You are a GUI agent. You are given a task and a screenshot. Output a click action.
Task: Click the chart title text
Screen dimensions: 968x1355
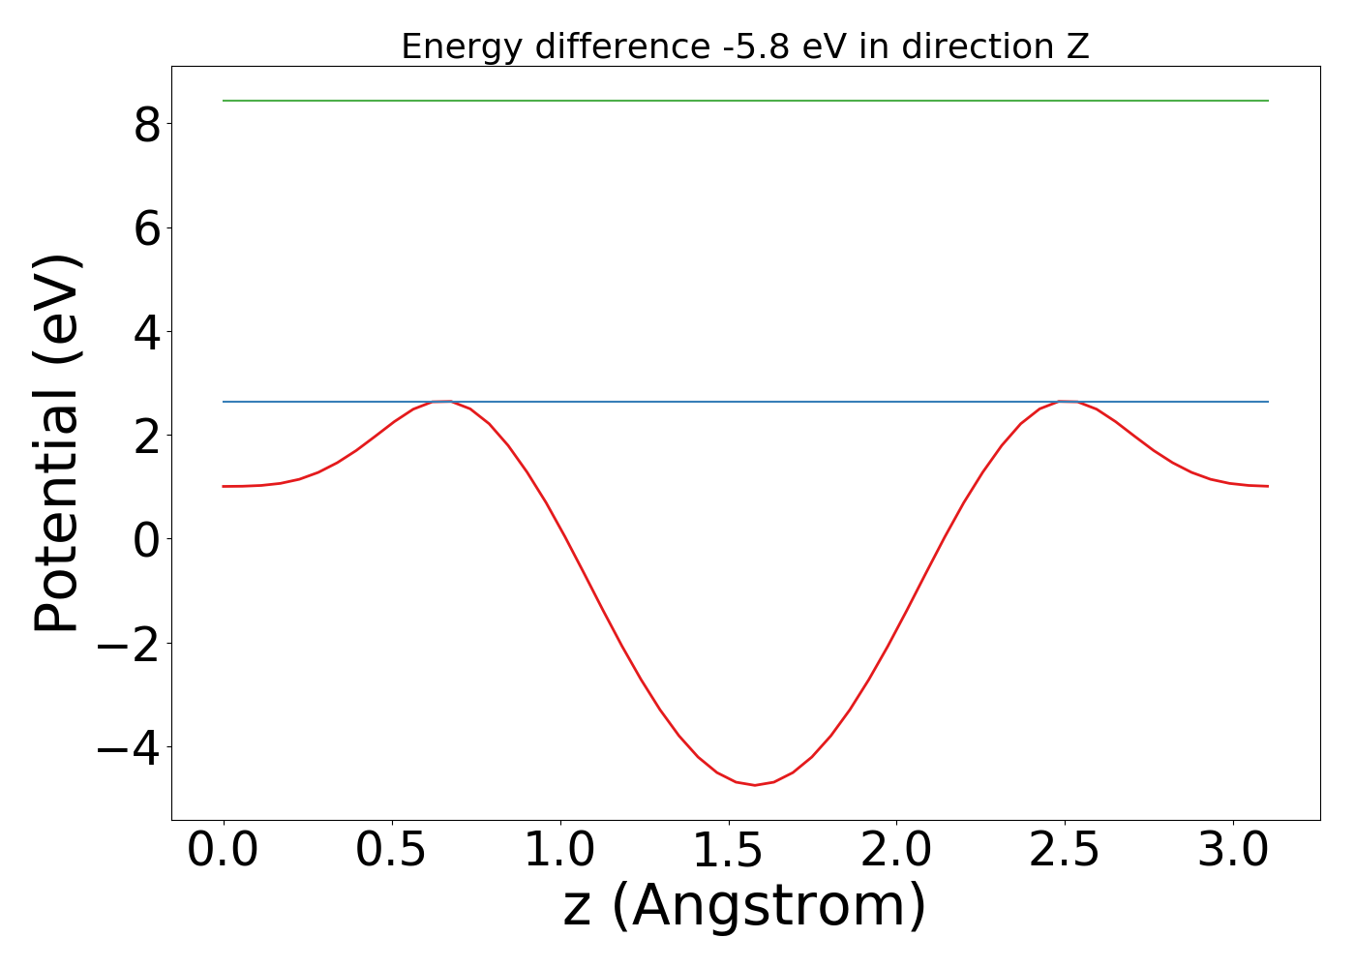(745, 46)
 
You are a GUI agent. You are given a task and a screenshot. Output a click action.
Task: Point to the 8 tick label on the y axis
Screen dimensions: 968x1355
(146, 124)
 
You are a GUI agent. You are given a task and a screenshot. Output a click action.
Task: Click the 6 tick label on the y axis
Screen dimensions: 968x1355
(146, 227)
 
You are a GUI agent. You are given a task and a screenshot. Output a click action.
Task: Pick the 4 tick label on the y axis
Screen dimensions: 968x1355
(146, 331)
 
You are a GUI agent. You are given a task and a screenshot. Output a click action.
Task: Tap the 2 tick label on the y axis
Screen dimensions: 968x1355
(146, 435)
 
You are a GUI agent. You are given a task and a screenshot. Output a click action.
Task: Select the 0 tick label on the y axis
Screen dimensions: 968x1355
(146, 538)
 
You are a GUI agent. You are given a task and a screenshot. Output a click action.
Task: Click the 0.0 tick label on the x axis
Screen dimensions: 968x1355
(224, 851)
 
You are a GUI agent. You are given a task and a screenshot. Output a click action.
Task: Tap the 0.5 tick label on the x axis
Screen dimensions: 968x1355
(392, 851)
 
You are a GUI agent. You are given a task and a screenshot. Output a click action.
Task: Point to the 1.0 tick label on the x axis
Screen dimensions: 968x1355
(560, 851)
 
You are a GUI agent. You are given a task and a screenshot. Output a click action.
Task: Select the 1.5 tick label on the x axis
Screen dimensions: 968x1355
(729, 851)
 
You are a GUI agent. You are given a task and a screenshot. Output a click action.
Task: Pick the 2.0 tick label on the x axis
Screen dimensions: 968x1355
(896, 851)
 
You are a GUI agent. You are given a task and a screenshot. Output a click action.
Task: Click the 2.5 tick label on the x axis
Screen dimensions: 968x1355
(1065, 851)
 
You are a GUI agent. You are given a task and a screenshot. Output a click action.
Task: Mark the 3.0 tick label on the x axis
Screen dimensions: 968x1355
(1233, 851)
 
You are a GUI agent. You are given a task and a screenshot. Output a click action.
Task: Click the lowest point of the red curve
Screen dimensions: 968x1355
(755, 784)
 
